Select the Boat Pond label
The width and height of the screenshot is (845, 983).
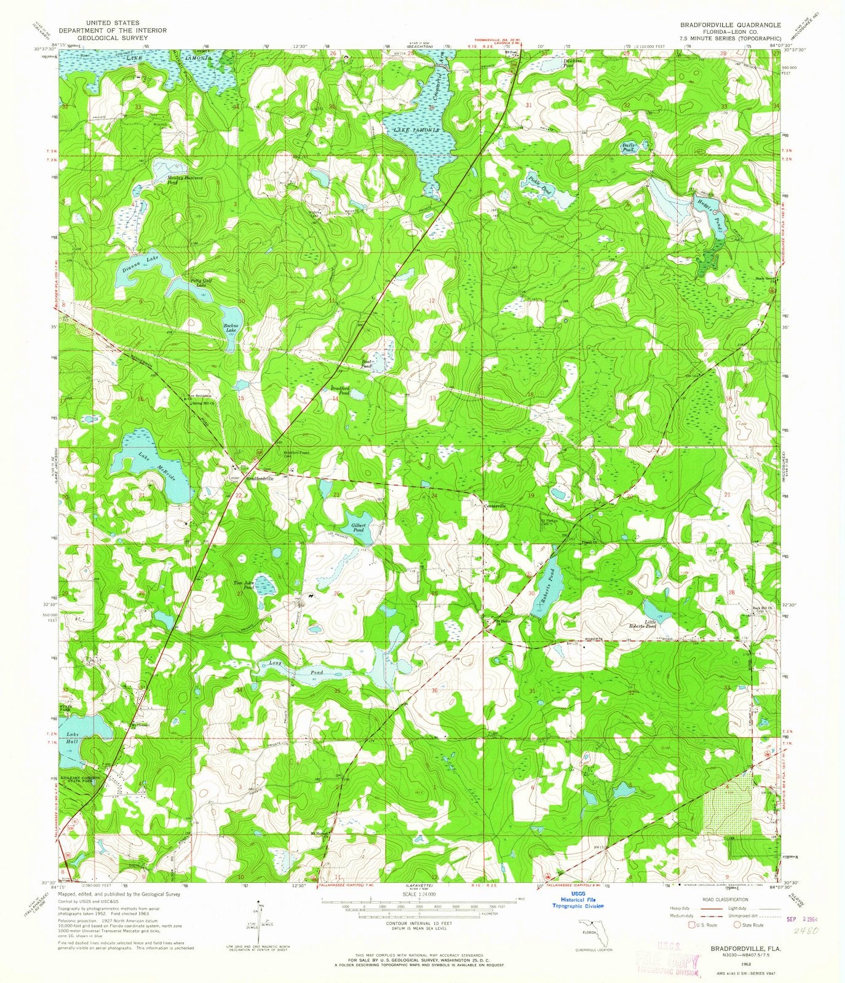point(368,364)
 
